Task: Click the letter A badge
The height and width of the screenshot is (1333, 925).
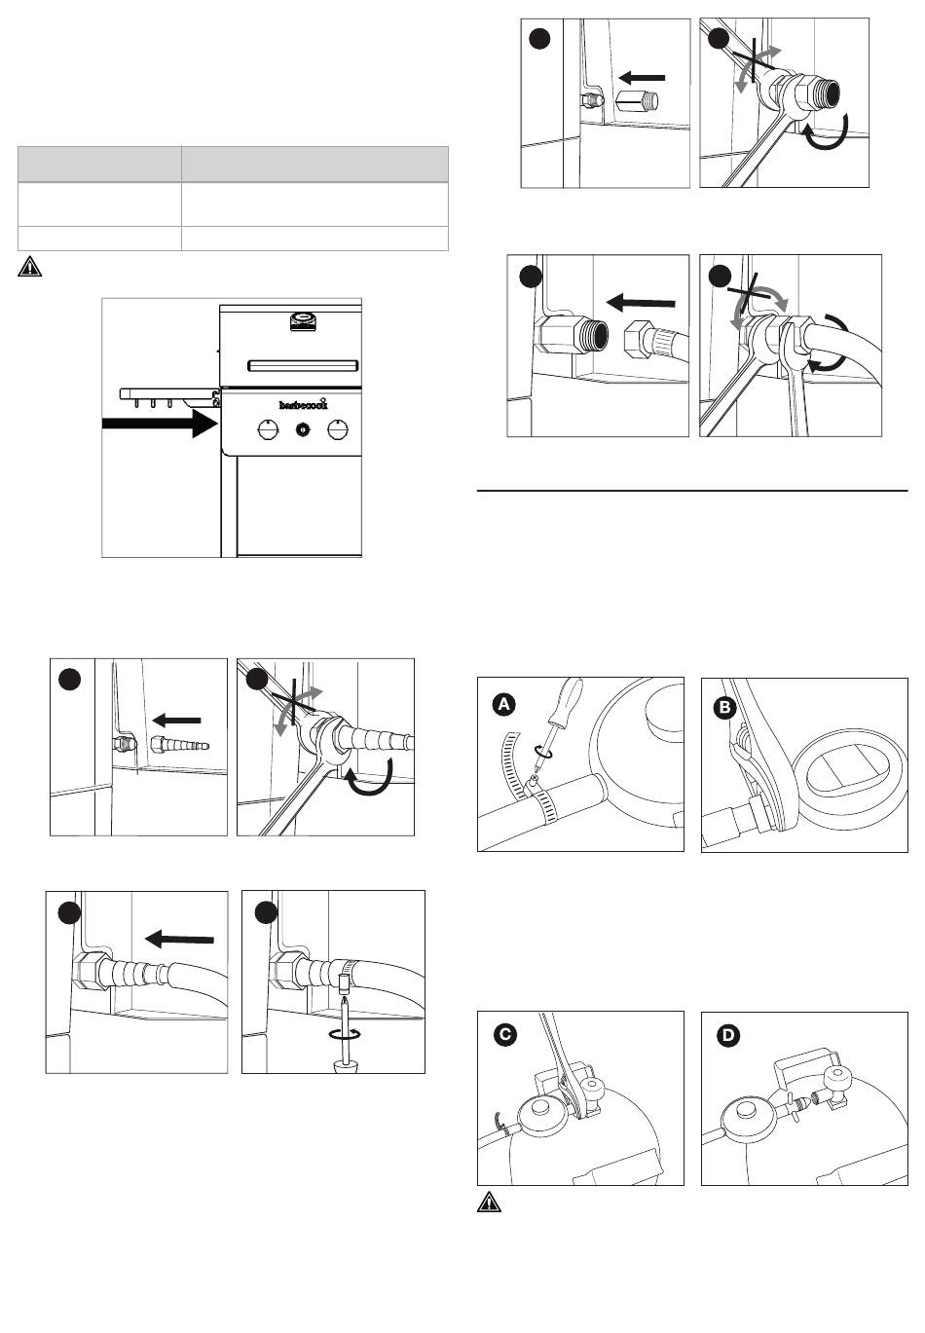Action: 502,703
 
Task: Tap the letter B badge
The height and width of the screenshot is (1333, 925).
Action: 725,708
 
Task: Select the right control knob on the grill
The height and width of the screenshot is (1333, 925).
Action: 339,429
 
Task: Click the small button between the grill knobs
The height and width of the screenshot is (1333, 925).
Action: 302,429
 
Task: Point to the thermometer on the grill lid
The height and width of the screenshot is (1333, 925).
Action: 302,319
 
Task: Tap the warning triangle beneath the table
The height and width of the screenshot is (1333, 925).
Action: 29,268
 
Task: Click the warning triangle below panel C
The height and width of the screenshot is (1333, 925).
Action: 488,1203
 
